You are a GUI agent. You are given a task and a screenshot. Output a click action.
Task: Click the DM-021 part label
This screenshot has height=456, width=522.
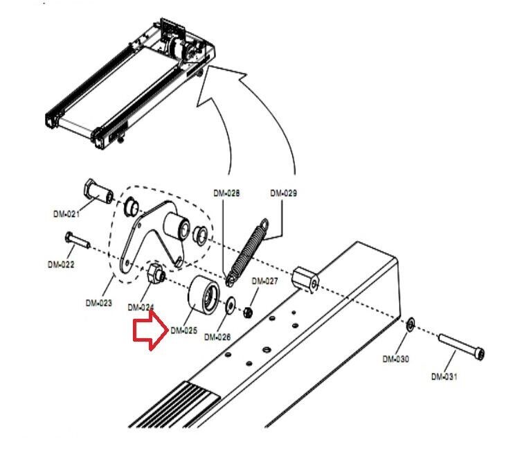66,214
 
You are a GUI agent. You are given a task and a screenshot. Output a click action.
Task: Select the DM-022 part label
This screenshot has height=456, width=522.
61,265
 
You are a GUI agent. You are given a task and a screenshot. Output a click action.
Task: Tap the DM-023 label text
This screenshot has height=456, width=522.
99,303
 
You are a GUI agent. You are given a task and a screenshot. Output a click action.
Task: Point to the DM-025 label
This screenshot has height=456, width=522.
183,331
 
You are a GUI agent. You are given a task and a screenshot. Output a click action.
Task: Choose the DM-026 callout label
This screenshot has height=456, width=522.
217,337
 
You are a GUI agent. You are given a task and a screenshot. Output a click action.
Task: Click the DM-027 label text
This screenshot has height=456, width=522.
264,281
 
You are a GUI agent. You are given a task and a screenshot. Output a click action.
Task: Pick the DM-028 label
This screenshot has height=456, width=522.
226,193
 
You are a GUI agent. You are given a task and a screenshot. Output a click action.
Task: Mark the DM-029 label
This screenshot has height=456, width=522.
284,193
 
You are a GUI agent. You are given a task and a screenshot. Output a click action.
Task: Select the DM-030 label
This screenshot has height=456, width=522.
396,359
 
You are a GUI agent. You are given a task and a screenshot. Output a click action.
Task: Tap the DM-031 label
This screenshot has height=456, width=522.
444,377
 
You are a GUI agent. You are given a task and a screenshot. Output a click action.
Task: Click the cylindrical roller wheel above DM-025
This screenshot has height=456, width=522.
204,295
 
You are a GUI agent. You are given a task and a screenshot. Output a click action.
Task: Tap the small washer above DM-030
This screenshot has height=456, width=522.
411,324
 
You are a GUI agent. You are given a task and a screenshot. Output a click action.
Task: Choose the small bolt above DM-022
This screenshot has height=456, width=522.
78,240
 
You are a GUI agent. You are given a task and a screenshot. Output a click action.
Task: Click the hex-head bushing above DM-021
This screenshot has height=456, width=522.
98,191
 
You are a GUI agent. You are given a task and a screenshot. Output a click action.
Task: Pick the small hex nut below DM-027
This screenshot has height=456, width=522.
247,313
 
